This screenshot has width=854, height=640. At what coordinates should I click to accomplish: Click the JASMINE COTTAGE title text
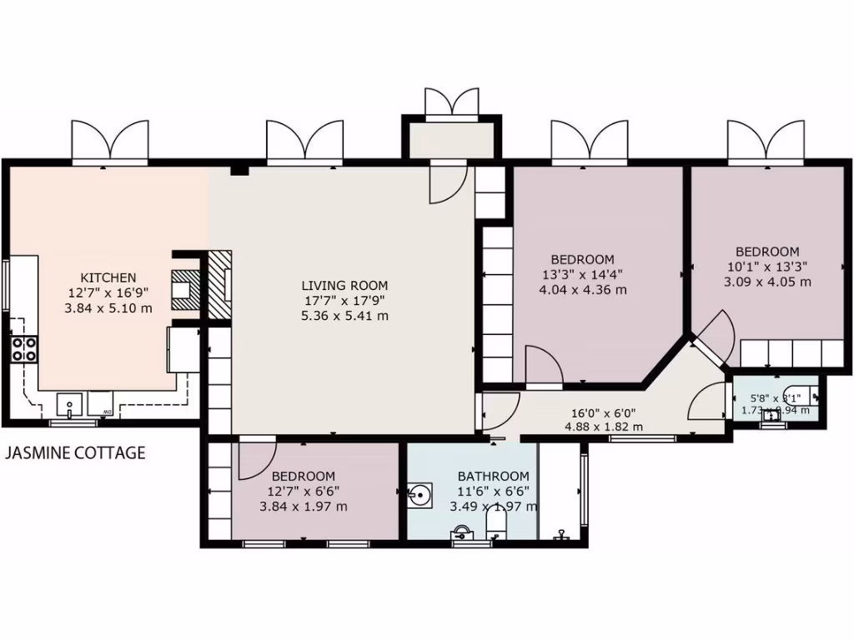tap(76, 453)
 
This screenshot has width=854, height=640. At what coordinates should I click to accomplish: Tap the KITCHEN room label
tap(108, 277)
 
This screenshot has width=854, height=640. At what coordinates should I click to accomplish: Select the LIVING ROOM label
tap(344, 286)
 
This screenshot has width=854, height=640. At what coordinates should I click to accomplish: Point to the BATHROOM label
tap(494, 476)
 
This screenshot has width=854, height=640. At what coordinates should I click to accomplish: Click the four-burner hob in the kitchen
tap(23, 348)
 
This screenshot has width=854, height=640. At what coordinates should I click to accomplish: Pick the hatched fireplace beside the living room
tap(219, 284)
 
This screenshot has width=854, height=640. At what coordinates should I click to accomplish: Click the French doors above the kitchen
tap(110, 142)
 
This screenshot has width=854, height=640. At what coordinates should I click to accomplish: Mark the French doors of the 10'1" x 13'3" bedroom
tap(766, 142)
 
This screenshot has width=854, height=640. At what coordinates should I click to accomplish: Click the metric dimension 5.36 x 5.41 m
tap(344, 316)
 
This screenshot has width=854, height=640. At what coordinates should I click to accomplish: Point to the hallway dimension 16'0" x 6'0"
tap(604, 412)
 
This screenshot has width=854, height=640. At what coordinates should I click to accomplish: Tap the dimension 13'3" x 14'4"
tap(583, 275)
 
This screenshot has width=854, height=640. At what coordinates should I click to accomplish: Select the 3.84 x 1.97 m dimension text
tap(304, 507)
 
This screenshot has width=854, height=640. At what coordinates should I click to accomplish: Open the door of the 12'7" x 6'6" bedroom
tap(256, 460)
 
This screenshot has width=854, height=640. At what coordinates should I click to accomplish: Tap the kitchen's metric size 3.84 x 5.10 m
tap(108, 307)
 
